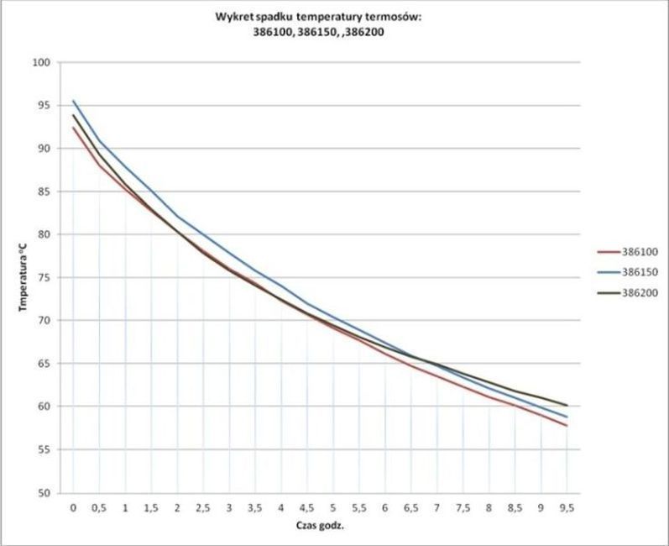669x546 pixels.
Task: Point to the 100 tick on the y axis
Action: coord(43,62)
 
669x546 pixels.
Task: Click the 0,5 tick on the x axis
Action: coord(99,509)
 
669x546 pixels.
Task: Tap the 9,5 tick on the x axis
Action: coord(567,509)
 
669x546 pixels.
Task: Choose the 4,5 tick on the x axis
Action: coord(307,509)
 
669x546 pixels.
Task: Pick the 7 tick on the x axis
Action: coord(436,509)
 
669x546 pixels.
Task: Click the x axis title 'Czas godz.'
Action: coord(320,528)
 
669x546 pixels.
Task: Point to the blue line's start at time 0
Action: coord(74,101)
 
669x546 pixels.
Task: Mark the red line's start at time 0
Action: coord(74,128)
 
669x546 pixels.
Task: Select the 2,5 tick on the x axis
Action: coord(203,509)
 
